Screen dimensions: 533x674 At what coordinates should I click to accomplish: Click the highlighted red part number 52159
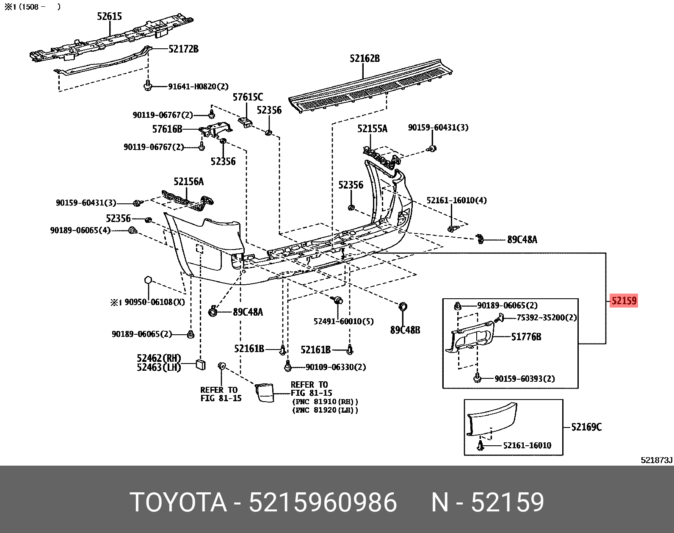tap(624, 301)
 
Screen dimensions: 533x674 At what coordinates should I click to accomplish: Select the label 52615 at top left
tap(109, 17)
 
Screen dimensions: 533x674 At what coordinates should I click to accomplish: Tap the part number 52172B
tap(183, 49)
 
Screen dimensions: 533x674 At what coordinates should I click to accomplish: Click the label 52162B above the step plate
tap(365, 58)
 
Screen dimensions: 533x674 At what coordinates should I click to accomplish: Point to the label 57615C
tap(248, 97)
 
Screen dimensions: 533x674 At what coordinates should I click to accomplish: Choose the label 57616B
tap(167, 129)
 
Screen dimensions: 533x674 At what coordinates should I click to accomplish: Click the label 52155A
tap(372, 129)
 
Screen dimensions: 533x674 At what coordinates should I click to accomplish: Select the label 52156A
tap(188, 182)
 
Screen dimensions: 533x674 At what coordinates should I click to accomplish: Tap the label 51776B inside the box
tap(526, 337)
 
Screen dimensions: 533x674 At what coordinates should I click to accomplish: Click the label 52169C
tap(586, 427)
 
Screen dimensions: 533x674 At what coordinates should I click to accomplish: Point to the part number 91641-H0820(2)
tap(198, 86)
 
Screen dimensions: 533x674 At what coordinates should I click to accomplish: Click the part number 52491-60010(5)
tap(343, 321)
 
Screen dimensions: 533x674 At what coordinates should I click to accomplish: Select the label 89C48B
tap(405, 330)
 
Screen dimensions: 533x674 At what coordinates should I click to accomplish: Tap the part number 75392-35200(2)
tap(547, 317)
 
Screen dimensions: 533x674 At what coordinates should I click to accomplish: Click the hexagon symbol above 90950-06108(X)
tap(148, 280)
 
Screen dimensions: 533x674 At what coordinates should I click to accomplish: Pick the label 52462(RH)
tap(159, 358)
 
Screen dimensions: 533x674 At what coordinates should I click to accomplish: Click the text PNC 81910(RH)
tap(325, 401)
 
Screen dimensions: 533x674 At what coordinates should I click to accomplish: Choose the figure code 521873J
tap(656, 460)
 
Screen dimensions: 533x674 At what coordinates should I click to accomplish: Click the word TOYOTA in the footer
tap(178, 502)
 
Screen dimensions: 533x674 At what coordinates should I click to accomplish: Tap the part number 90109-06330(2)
tap(336, 367)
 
